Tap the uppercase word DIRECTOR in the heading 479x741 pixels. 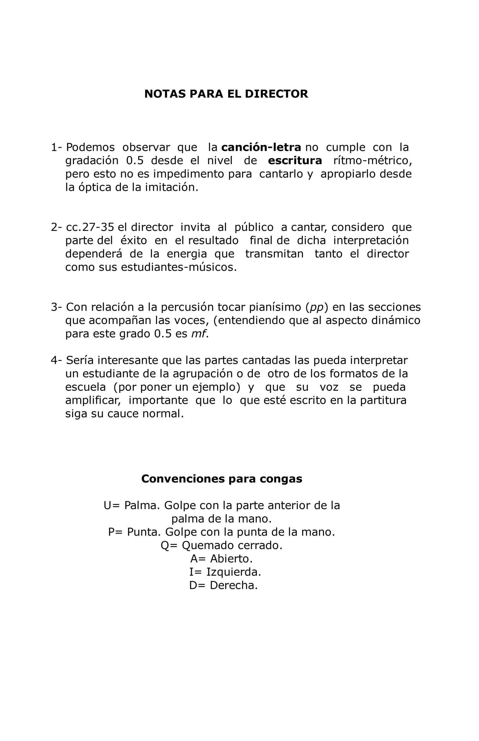(x=276, y=94)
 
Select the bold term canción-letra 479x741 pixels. (x=261, y=147)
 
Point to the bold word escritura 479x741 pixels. (x=294, y=161)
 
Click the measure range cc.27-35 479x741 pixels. (x=90, y=227)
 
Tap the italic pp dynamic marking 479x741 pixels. (x=317, y=307)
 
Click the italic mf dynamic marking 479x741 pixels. (x=198, y=334)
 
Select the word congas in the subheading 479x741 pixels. (x=281, y=479)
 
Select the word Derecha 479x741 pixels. (x=233, y=585)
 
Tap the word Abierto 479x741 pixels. (x=231, y=559)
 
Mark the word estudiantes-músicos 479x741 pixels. (x=178, y=267)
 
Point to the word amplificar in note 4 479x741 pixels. (x=93, y=400)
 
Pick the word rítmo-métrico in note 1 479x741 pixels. (x=372, y=161)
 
